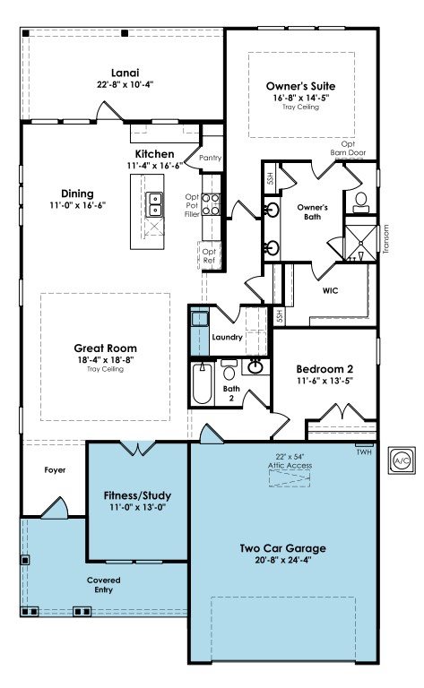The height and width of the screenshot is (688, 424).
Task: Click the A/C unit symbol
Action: [402, 460]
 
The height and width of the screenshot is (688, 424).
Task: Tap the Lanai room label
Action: [125, 73]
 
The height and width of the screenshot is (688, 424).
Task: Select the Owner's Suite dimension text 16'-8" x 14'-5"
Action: [300, 98]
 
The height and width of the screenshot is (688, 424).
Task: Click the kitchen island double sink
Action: [154, 204]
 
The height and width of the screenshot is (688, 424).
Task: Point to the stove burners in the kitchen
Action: [211, 204]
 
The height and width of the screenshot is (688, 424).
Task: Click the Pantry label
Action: [211, 158]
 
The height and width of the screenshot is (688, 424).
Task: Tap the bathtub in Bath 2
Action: [203, 383]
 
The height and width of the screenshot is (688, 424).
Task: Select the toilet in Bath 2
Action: [229, 370]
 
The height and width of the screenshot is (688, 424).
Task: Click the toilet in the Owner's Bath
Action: [361, 202]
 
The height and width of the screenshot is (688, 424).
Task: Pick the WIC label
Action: [330, 290]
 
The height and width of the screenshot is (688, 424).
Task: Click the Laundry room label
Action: [227, 337]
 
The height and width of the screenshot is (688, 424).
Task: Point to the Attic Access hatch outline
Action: [290, 477]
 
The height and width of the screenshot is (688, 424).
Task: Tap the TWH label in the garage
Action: [364, 451]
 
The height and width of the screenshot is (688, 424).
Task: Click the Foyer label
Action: [55, 470]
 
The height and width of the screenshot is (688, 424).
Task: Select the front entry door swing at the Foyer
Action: [55, 507]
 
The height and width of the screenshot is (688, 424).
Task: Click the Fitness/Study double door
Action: [138, 449]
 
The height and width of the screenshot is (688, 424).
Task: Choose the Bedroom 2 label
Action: [324, 369]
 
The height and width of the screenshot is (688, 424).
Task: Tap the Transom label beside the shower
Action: [385, 239]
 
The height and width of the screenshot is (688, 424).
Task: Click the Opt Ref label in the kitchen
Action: [209, 256]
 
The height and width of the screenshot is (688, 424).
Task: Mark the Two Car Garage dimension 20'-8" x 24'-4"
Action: [283, 560]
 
